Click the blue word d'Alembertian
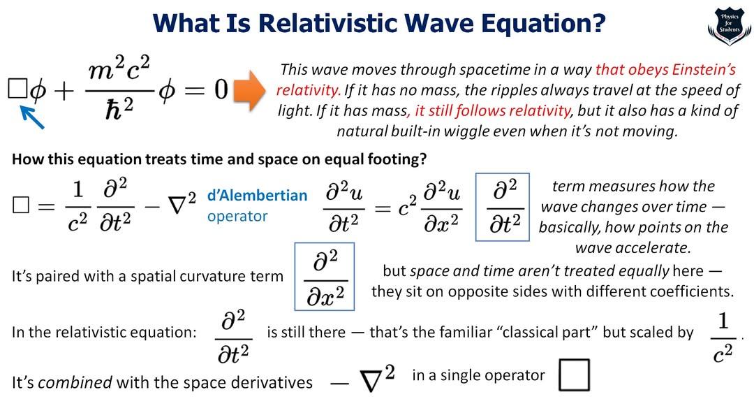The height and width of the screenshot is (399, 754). point(257,196)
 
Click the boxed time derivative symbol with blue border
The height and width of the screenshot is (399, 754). point(503,207)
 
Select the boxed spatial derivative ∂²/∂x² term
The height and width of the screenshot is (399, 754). point(325,277)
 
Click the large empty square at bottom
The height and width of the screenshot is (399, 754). point(574,375)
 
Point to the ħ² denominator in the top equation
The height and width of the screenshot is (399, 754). point(120,109)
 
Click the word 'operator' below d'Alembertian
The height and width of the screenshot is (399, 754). point(237,216)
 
